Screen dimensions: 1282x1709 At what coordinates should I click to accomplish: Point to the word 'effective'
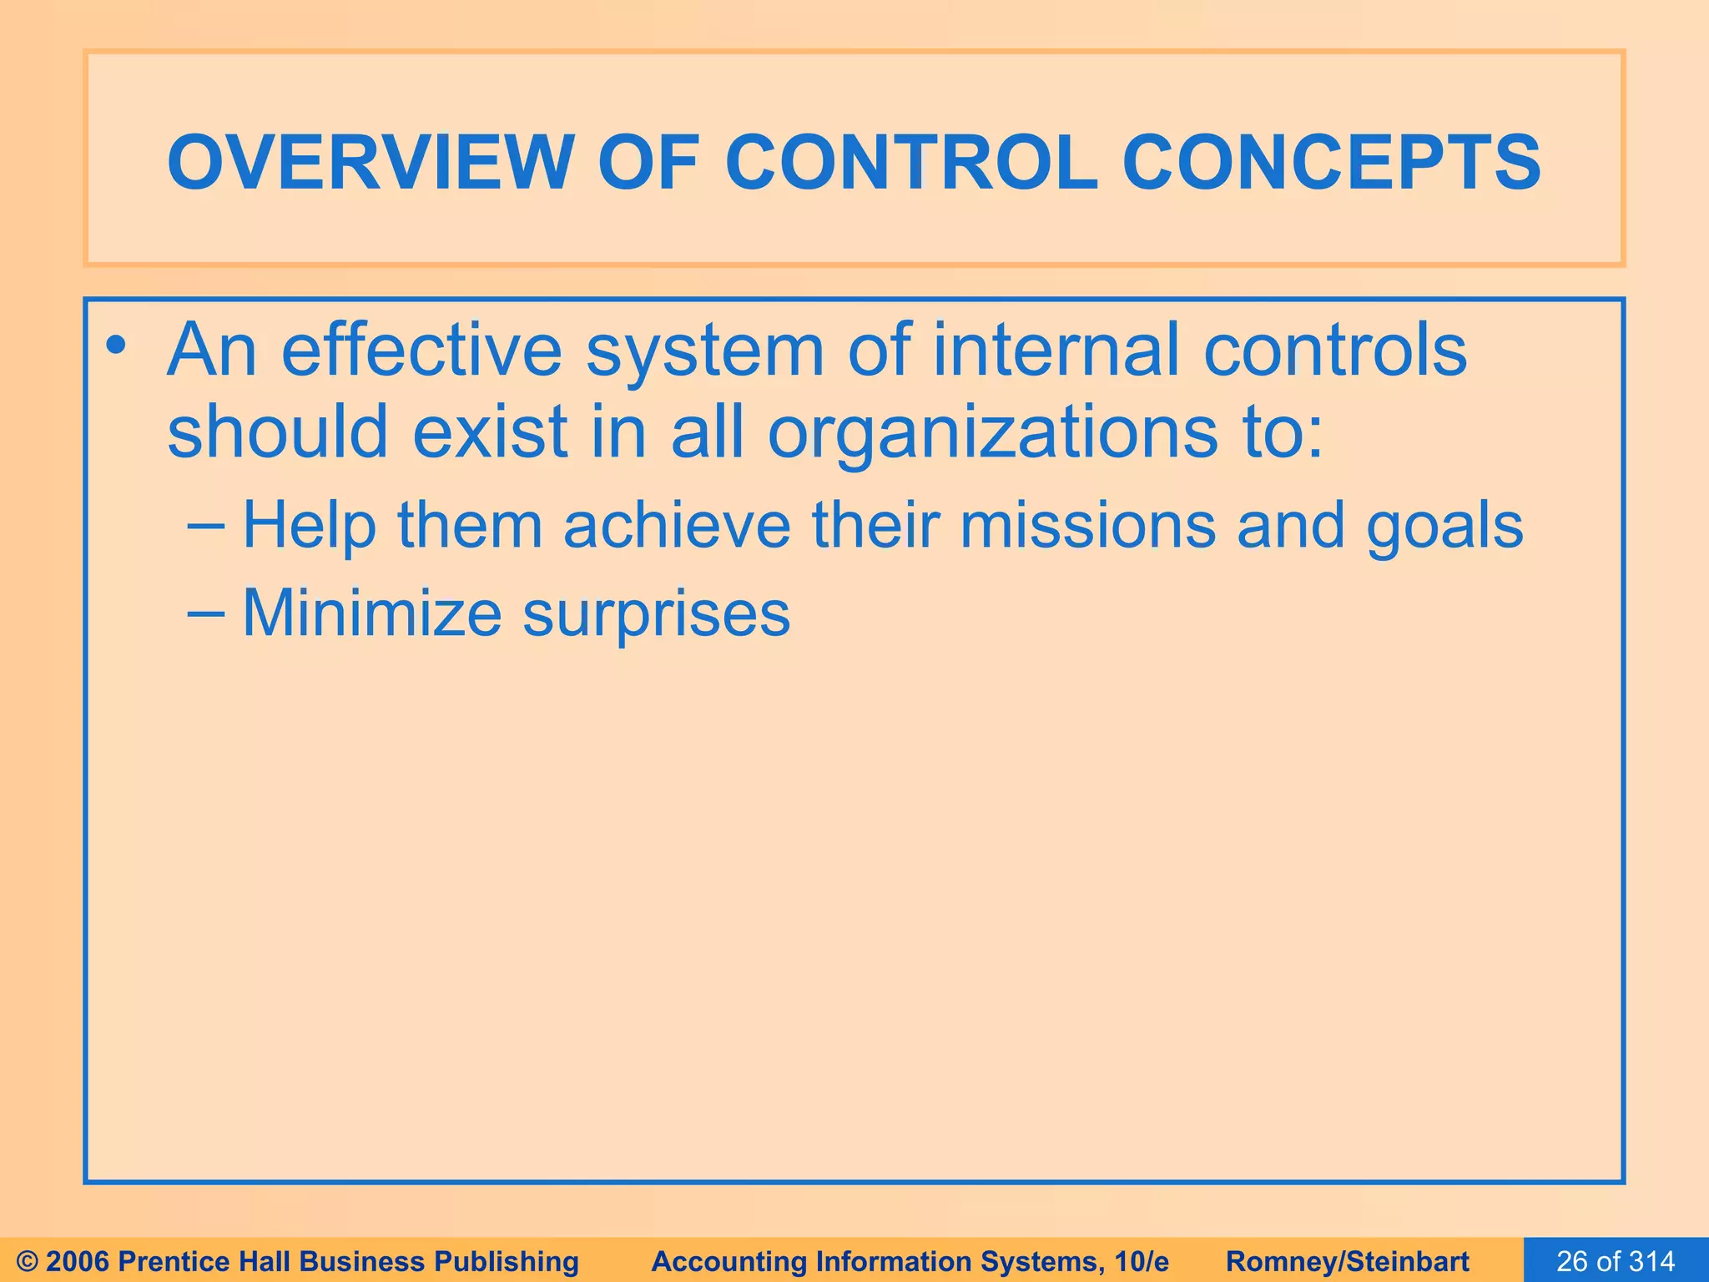click(x=422, y=351)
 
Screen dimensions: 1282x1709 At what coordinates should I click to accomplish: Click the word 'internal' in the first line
click(x=1056, y=351)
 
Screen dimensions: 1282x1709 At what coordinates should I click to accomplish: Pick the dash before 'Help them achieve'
click(x=205, y=526)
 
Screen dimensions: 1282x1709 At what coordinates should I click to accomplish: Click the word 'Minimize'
click(x=372, y=613)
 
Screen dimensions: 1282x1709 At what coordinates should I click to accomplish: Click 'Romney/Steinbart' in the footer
click(x=1348, y=1261)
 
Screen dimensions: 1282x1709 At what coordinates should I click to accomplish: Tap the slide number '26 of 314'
click(x=1616, y=1261)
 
